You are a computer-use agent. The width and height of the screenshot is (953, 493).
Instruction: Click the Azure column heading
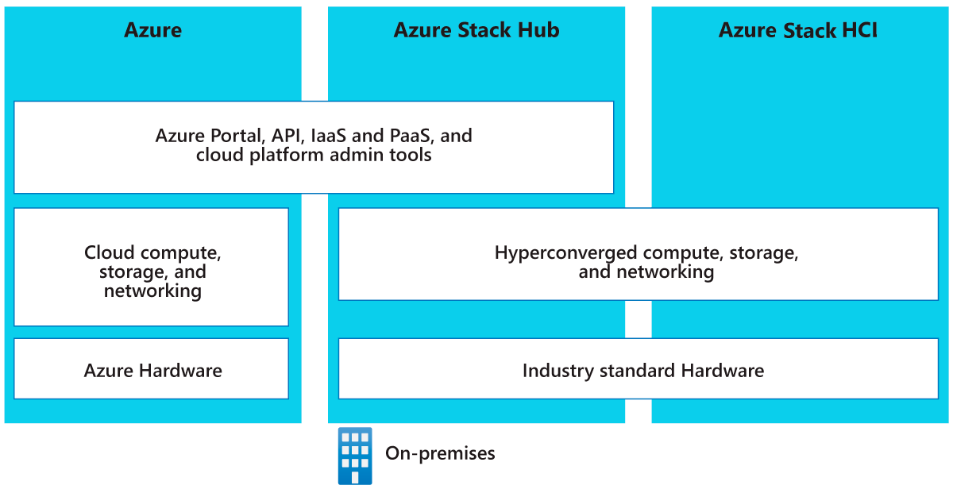[x=152, y=31]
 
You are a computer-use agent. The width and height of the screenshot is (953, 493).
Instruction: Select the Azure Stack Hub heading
[x=476, y=31]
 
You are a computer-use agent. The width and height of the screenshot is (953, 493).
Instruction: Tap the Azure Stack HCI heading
[x=797, y=31]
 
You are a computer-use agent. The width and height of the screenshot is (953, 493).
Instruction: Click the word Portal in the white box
[x=235, y=136]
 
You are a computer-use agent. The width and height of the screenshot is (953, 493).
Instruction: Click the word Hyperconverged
[x=565, y=253]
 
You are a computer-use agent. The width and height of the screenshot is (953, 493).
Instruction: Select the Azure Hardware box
[x=152, y=369]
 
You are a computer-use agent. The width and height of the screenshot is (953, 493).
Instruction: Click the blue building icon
[x=355, y=456]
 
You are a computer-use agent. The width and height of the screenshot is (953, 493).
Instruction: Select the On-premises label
[x=440, y=453]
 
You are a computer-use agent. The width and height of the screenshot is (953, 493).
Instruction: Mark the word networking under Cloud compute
[x=152, y=291]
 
